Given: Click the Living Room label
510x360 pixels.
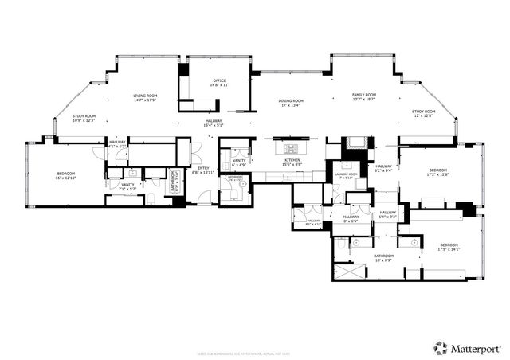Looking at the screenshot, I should [x=144, y=98].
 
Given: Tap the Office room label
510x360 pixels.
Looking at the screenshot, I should [x=219, y=83].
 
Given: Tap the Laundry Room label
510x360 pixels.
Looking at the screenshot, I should [x=347, y=175].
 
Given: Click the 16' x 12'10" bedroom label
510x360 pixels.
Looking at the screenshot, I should [x=65, y=176].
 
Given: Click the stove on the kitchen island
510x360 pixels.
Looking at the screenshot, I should [x=290, y=148].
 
